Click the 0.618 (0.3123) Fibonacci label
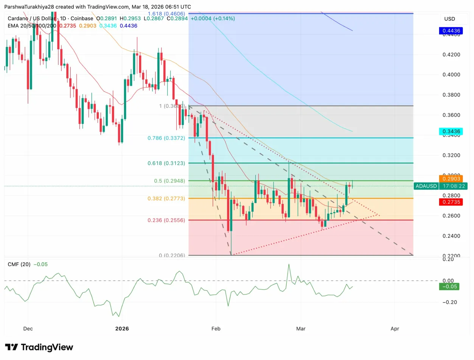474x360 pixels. (x=166, y=163)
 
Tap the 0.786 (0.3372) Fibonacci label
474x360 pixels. (x=166, y=138)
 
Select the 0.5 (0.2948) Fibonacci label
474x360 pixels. (x=169, y=181)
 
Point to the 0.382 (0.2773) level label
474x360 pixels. (x=166, y=198)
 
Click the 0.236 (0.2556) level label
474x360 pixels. (x=166, y=220)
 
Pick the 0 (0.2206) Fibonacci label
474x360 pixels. (x=172, y=256)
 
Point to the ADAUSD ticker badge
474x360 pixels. (x=426, y=186)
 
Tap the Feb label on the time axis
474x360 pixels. (x=215, y=329)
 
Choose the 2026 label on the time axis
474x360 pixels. (x=122, y=329)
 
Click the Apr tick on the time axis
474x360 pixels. (x=395, y=329)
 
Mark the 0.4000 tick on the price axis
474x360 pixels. (x=452, y=75)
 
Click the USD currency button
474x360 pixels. (x=449, y=19)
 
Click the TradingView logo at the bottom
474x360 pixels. (x=39, y=347)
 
